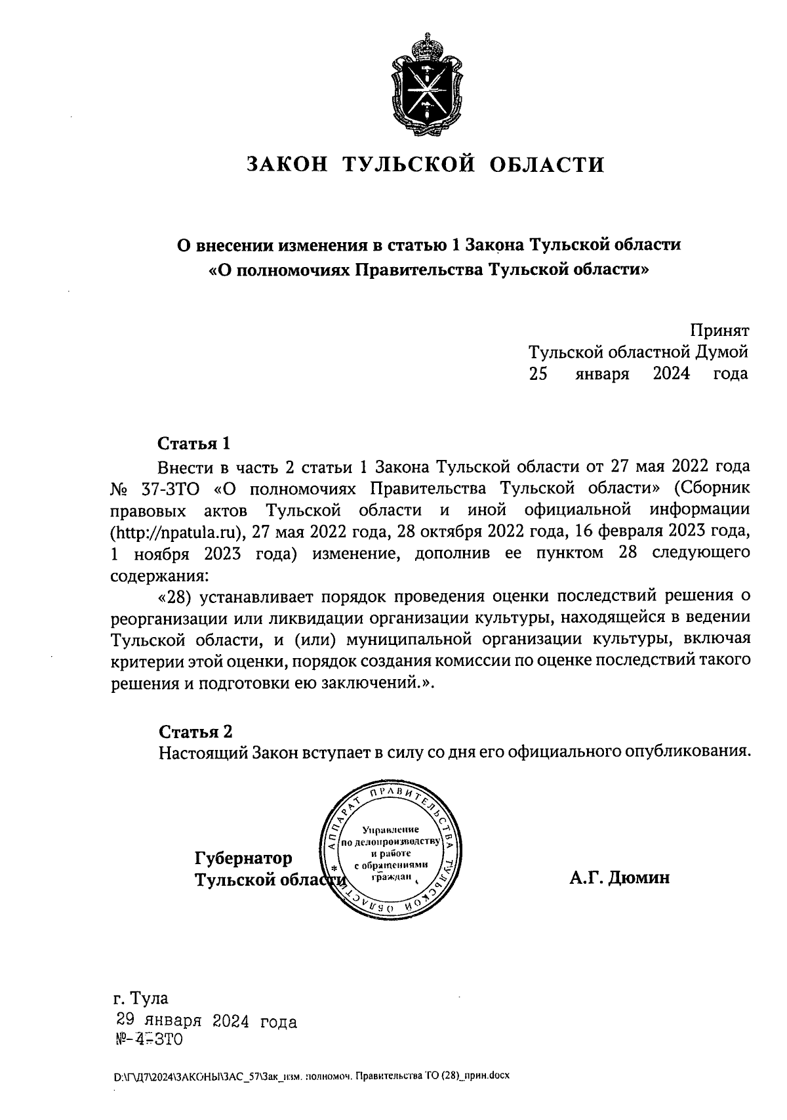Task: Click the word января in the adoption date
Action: click(x=603, y=374)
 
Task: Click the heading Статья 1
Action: click(x=194, y=444)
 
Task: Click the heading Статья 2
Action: click(x=195, y=732)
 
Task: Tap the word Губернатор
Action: click(x=243, y=858)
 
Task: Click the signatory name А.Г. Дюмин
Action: click(x=620, y=878)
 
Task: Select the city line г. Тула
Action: click(x=140, y=999)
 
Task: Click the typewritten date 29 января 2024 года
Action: click(x=206, y=1022)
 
